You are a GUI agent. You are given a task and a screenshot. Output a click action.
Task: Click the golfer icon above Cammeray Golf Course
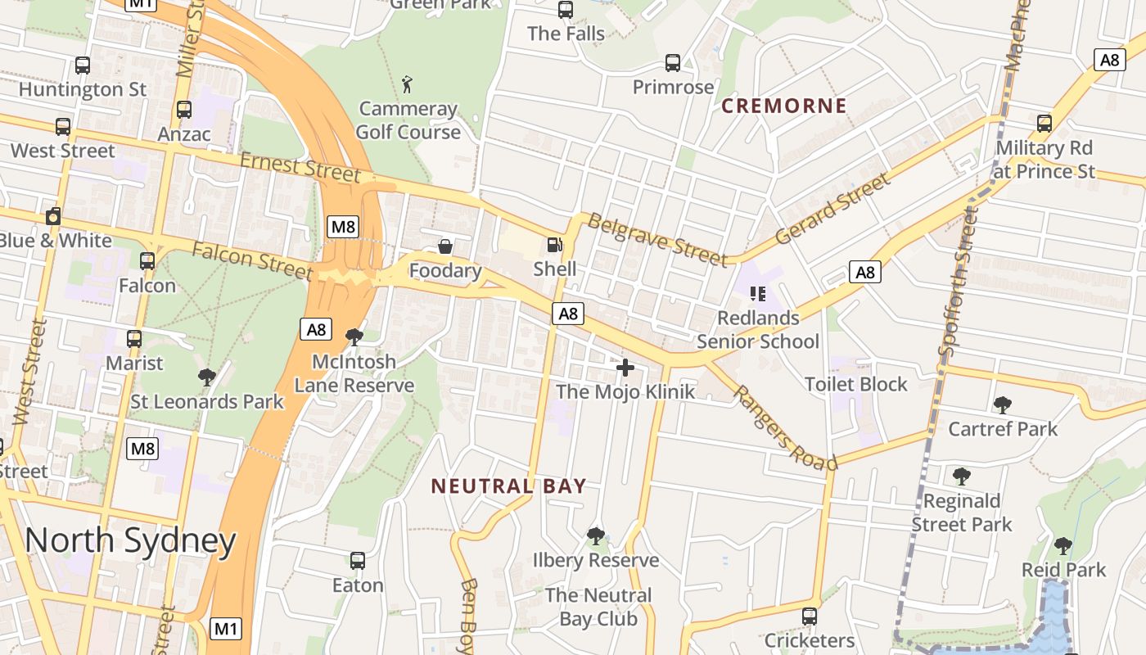[x=407, y=84]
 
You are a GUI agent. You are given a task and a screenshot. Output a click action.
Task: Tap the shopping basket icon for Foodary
[x=445, y=246]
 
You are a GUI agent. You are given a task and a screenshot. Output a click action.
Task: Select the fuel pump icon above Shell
[x=554, y=244]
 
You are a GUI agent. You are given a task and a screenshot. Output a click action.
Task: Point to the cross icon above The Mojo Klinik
[x=625, y=368]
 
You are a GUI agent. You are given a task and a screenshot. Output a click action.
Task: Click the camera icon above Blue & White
[x=53, y=216]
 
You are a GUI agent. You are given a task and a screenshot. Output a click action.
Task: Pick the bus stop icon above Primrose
[x=673, y=62]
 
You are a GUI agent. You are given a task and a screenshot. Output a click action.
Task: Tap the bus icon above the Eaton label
[x=358, y=561]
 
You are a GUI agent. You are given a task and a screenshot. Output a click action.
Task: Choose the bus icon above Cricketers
[x=810, y=616]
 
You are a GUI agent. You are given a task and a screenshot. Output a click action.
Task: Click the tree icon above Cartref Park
[x=1002, y=404]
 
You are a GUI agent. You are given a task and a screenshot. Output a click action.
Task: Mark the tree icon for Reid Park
[x=1063, y=545]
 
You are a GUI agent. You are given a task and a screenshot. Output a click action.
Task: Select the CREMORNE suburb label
[x=784, y=106]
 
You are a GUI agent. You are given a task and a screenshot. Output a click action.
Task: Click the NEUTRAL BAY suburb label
[x=508, y=486]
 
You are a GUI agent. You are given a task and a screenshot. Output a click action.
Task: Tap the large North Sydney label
[x=130, y=541]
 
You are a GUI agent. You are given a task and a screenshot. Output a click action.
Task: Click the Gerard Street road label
[x=832, y=209]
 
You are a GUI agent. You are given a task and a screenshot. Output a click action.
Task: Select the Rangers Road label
[x=783, y=428]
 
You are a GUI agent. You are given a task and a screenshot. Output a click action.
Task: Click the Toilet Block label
[x=856, y=384]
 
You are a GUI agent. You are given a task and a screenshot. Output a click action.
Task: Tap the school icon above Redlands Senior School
[x=757, y=293]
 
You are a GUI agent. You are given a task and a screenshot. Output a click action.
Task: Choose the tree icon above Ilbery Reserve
[x=596, y=536]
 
